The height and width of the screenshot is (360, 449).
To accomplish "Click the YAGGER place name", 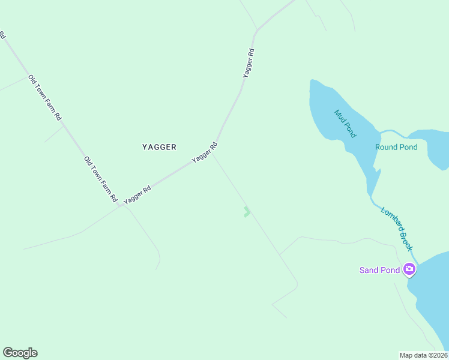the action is [159, 147].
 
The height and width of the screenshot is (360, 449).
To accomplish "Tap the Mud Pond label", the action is [344, 122].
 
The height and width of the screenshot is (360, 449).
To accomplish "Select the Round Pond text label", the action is [396, 147].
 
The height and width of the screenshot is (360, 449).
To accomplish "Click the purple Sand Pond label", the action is [379, 270].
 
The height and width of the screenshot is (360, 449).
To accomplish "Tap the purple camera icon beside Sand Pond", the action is [410, 269].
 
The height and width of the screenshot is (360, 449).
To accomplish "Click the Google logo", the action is [20, 353].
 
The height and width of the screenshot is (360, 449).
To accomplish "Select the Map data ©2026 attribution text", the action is [423, 355].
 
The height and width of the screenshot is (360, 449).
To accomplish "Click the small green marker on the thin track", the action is [247, 211].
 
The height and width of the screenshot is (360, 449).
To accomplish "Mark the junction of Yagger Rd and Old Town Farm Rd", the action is [121, 205].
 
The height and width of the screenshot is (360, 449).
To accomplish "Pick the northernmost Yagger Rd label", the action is [249, 62].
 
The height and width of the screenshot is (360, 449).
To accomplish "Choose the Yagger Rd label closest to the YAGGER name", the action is [204, 152].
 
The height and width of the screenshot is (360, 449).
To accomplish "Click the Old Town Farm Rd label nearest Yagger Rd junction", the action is [100, 179].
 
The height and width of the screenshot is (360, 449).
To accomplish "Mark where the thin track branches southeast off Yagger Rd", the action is [212, 152].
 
